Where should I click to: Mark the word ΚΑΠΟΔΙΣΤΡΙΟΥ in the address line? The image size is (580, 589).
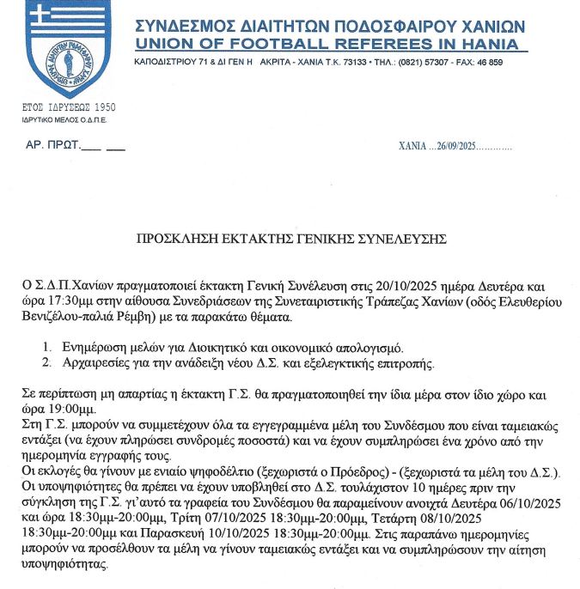[168, 63]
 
